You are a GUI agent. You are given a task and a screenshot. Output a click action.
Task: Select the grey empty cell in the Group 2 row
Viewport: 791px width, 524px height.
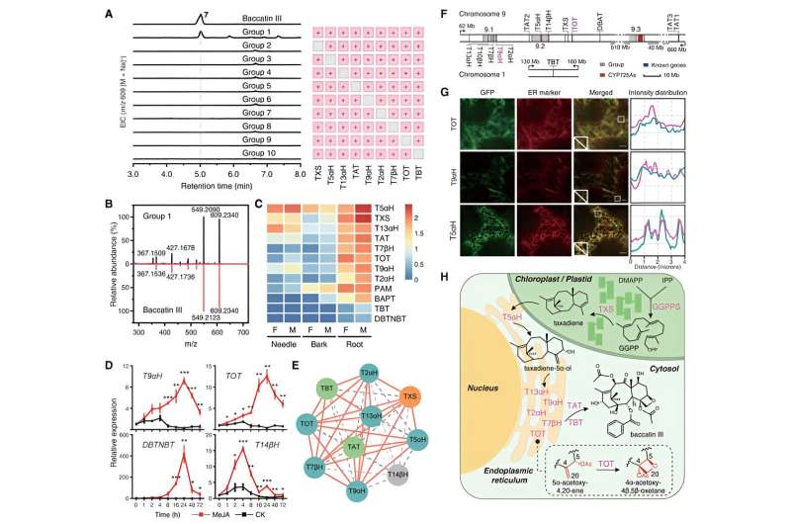pyautogui.click(x=316, y=45)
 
